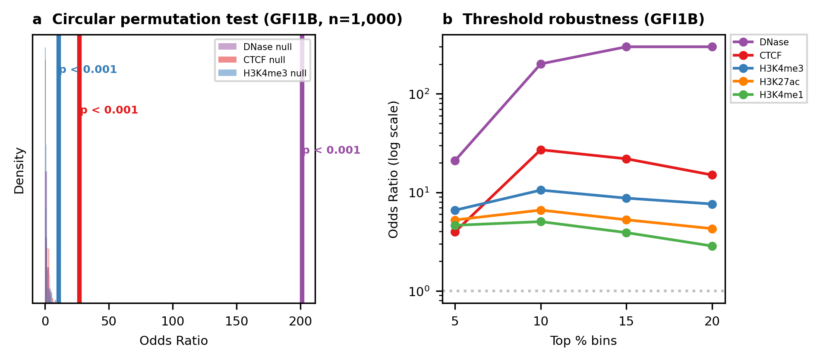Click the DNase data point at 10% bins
[541, 64]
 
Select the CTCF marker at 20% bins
[712, 175]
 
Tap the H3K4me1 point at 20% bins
[712, 246]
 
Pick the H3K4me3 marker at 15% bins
[626, 198]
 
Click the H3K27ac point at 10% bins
[541, 210]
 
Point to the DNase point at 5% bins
[455, 161]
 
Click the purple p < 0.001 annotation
[331, 150]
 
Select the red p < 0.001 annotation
[109, 110]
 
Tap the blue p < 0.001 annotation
[88, 69]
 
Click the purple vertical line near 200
[302, 216]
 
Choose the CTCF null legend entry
[264, 60]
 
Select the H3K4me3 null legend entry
[274, 73]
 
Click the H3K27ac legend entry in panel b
[779, 82]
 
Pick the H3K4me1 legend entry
[781, 95]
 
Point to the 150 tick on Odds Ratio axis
[237, 322]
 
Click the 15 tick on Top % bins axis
[626, 322]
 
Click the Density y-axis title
[19, 171]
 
